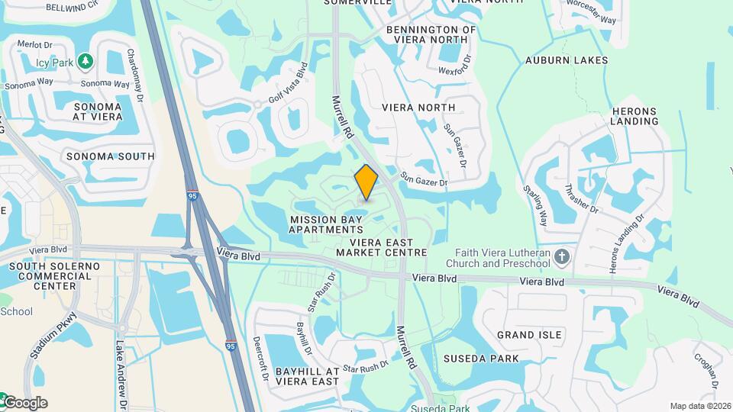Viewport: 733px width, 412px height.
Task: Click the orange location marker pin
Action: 366,182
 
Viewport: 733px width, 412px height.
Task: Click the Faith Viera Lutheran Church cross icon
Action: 563,256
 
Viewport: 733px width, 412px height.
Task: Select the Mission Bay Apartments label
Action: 327,224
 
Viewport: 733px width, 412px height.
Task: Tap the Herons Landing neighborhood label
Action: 635,115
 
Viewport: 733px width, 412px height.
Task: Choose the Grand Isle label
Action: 529,335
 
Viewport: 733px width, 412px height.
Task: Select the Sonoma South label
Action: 110,156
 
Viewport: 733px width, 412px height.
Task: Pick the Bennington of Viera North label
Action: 431,34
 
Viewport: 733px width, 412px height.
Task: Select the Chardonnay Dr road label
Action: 135,75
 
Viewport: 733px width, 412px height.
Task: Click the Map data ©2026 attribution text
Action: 700,406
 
